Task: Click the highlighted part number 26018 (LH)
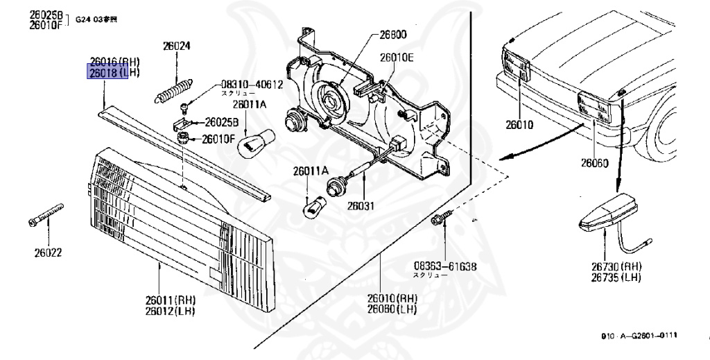point(107,71)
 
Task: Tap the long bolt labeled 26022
point(46,216)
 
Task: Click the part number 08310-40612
point(252,84)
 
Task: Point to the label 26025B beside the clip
point(219,122)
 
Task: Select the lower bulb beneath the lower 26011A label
point(314,207)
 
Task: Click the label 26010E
point(396,58)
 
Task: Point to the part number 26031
point(361,205)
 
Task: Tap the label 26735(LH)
point(616,277)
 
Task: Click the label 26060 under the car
point(594,164)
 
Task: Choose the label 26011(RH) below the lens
point(171,300)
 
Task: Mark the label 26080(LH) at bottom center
point(392,308)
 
